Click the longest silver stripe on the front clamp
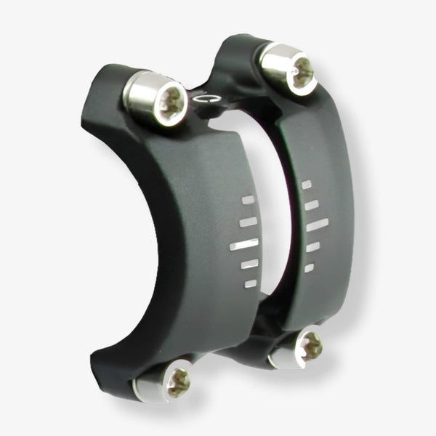click(x=244, y=245)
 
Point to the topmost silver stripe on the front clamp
click(x=249, y=198)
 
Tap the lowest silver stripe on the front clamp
click(x=250, y=283)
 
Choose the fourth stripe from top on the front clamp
click(x=248, y=265)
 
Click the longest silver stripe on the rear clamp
click(x=318, y=224)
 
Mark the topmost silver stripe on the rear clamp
click(x=307, y=185)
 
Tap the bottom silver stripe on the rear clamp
click(x=309, y=267)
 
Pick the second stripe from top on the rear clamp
click(x=311, y=204)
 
